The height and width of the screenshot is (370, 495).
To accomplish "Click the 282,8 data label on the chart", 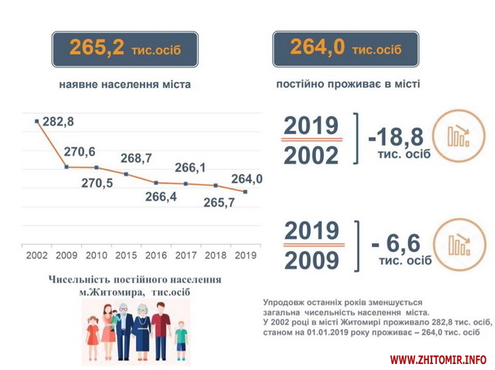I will point(58,122).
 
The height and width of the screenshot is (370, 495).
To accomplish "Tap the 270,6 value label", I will point(79,152).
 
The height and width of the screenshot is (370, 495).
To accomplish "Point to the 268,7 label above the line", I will point(136,159).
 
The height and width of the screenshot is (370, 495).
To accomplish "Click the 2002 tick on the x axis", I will point(36,254).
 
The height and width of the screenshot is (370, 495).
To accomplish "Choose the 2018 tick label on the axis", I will point(215,254).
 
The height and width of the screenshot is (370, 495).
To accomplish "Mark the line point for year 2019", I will point(245,192).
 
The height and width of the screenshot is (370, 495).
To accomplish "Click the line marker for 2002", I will point(37,121).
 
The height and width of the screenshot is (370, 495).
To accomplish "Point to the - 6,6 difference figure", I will point(396,243).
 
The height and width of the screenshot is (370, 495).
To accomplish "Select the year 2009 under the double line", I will point(311,259).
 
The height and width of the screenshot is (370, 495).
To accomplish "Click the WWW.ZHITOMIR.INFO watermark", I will point(438,360).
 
